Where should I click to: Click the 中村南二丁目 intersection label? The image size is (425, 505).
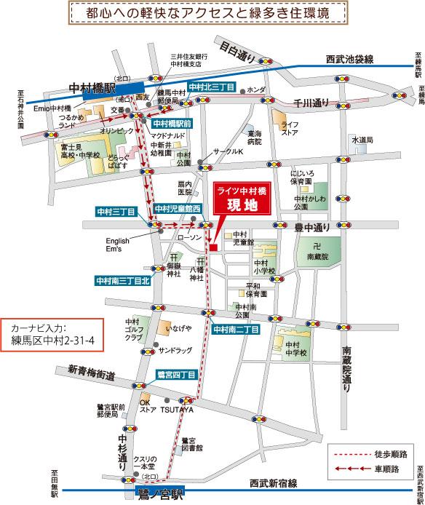(x=237, y=330)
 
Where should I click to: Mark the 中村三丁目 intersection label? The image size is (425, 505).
(x=116, y=211)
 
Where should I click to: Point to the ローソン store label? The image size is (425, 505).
(x=189, y=237)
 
